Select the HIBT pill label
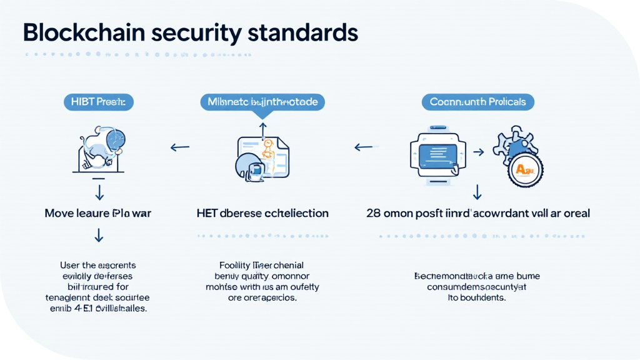[99, 101]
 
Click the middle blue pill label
[262, 101]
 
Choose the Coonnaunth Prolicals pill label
[477, 101]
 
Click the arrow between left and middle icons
[180, 148]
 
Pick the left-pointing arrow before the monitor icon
[364, 148]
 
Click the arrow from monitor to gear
[478, 151]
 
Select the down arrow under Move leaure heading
[99, 236]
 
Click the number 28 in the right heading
[373, 213]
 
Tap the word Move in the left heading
[59, 213]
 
